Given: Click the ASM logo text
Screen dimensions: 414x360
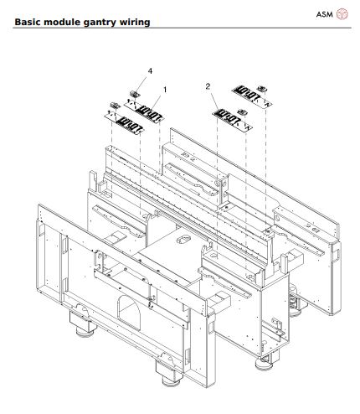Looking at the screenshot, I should (x=325, y=13).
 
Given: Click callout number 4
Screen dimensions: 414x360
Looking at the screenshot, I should (x=150, y=72).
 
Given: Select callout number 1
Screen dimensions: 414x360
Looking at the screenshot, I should (x=164, y=89).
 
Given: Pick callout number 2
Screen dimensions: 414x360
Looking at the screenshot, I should (x=207, y=86).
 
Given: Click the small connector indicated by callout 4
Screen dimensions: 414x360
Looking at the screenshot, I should (x=133, y=94).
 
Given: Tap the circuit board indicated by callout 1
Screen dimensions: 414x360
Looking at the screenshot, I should (x=148, y=110).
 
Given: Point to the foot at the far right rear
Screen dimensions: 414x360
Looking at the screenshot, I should (x=294, y=303).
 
